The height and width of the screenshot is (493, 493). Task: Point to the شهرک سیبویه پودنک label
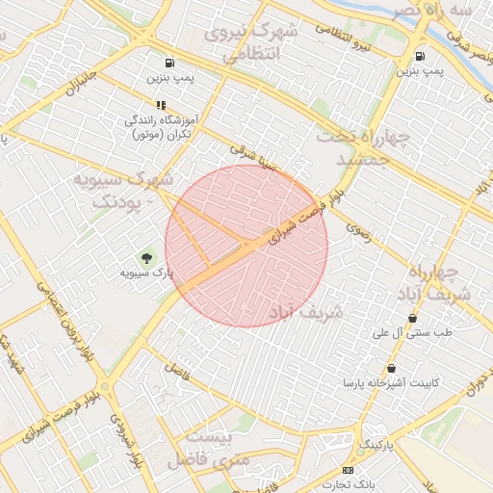[x=123, y=191]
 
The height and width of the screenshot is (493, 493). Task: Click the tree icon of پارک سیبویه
[x=146, y=258]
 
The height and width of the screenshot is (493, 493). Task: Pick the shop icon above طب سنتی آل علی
[x=413, y=319]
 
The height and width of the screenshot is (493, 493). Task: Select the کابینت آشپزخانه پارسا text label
[x=391, y=383]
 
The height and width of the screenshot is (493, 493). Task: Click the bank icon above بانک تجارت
[x=348, y=470]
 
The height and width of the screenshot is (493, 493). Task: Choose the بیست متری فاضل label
[x=209, y=449]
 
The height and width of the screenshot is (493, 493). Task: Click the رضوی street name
[x=358, y=230]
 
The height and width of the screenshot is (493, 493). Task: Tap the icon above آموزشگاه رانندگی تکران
[x=161, y=105]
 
